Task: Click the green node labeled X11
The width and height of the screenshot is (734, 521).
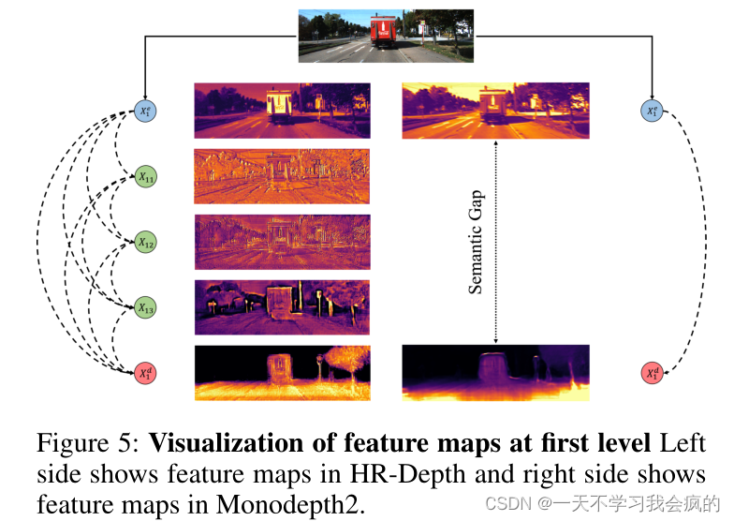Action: (x=145, y=175)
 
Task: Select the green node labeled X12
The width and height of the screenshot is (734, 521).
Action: (x=145, y=242)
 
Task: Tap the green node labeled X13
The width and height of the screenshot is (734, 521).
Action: (x=145, y=307)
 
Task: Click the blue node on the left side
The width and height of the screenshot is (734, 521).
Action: (x=145, y=112)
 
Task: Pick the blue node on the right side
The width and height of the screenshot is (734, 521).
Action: (x=653, y=112)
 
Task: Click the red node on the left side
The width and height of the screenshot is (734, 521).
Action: (x=145, y=373)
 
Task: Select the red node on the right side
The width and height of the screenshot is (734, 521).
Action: (x=653, y=373)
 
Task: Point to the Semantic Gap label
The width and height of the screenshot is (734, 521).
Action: (x=477, y=242)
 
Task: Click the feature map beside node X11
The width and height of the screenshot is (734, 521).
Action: (x=282, y=176)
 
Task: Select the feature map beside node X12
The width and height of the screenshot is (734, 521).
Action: (x=282, y=242)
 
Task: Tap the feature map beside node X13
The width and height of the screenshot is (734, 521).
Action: (x=282, y=307)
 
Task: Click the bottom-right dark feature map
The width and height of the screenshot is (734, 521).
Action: (x=495, y=372)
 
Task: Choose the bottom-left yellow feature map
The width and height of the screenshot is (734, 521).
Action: (x=282, y=373)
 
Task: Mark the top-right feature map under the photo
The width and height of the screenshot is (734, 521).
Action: (x=495, y=111)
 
